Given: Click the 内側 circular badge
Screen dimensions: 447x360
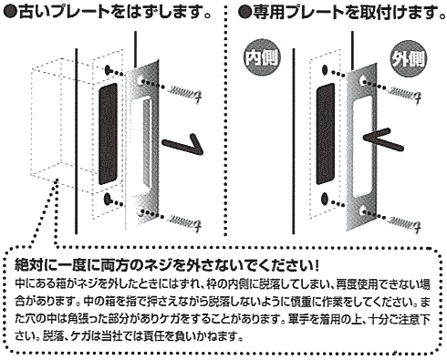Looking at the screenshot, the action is click(262, 58).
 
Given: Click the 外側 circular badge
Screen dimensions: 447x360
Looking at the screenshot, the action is click(409, 58).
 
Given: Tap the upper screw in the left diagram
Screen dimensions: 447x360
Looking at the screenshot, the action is click(183, 92).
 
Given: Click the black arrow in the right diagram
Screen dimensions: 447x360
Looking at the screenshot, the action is click(383, 139).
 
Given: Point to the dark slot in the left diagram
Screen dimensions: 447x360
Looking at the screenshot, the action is click(108, 134).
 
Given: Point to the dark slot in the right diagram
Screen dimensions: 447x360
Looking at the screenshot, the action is click(325, 134).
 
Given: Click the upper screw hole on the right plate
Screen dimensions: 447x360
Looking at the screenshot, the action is click(363, 80).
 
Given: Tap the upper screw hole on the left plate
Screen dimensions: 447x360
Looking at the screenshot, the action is click(140, 80).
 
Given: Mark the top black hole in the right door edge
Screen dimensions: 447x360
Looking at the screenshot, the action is click(325, 70).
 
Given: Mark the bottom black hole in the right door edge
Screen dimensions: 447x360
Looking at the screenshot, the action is click(325, 199).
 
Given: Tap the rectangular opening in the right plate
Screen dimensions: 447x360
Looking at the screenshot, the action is click(363, 147).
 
